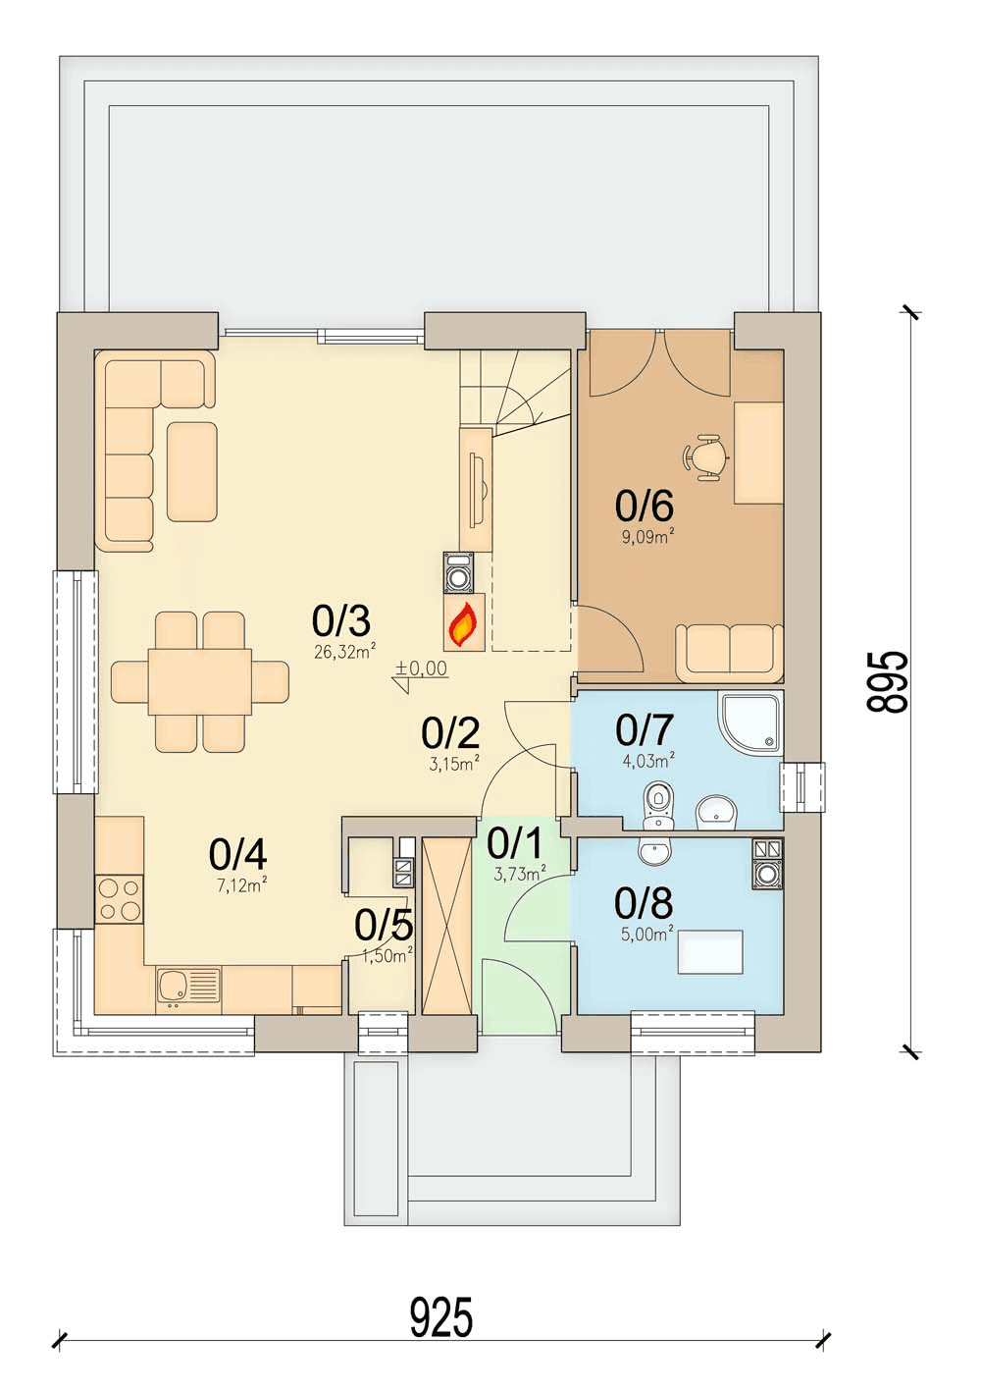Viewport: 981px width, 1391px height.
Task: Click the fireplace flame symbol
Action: coord(463,625)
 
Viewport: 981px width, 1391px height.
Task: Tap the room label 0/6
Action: coord(645,506)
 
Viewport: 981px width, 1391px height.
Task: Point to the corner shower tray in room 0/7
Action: coord(749,722)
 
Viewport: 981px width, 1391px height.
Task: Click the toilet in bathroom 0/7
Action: coord(657,804)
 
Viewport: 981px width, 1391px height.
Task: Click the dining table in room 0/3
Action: coord(200,681)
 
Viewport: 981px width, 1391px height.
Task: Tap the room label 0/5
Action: coord(384,926)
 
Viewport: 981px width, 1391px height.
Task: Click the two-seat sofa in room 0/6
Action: coord(729,652)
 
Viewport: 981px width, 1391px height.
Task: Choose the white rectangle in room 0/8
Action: coord(710,951)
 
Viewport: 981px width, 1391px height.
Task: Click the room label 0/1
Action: coord(515,842)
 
